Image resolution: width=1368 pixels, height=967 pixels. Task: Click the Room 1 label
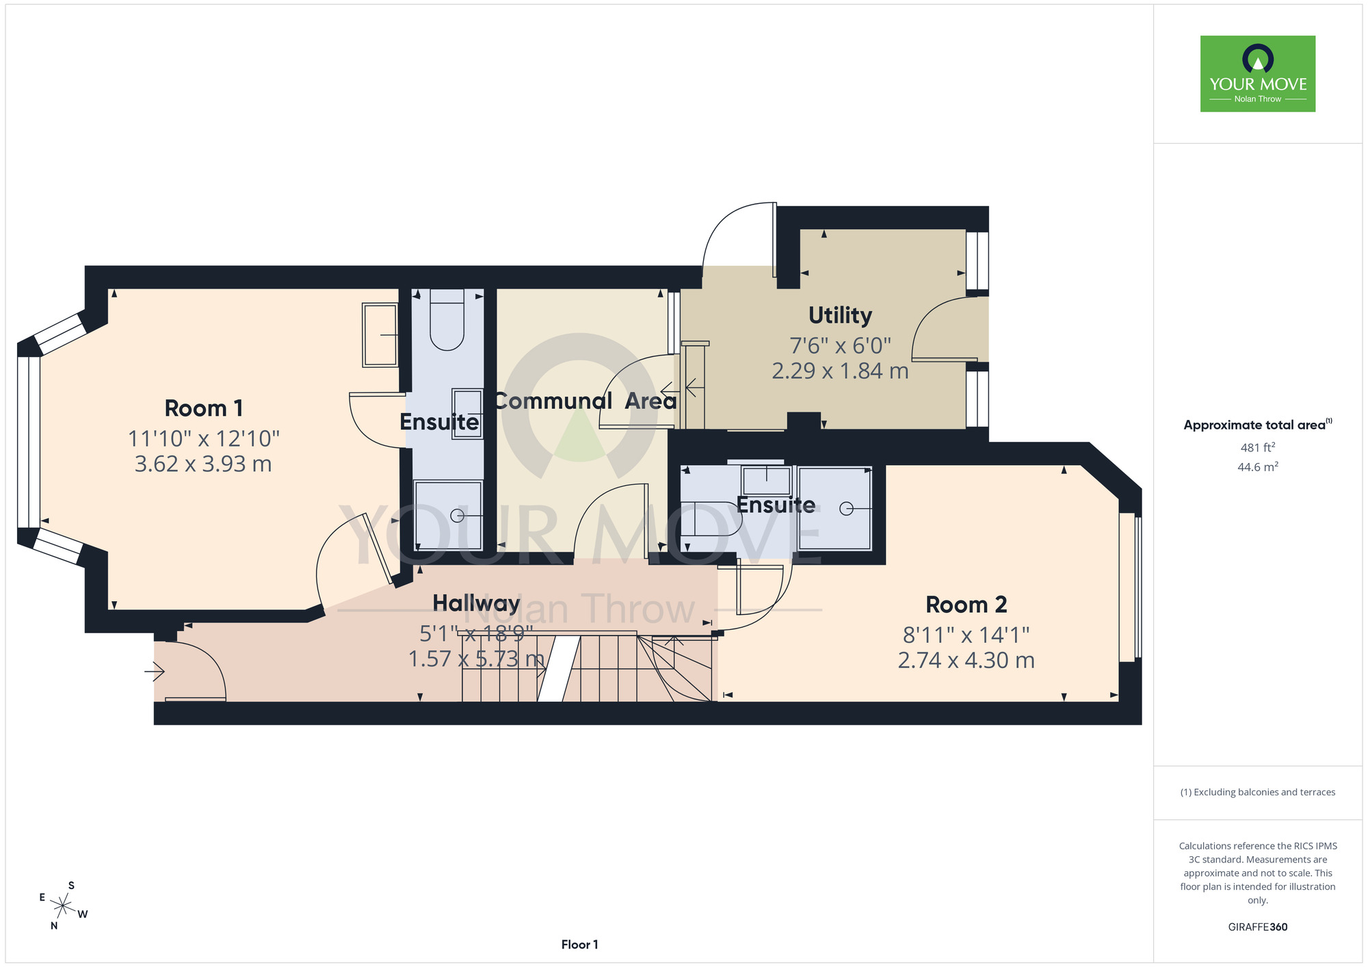click(x=204, y=408)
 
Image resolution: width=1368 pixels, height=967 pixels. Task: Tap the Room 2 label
click(x=966, y=605)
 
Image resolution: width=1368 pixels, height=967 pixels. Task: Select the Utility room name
click(x=840, y=315)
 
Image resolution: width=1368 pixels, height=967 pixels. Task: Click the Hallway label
click(x=476, y=603)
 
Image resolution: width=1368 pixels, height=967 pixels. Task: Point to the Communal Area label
click(x=586, y=401)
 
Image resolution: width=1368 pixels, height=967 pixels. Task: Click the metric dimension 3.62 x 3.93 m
click(x=203, y=464)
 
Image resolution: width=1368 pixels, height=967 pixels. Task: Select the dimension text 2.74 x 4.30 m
click(x=966, y=660)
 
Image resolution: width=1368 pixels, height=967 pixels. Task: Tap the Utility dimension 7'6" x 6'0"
click(x=840, y=345)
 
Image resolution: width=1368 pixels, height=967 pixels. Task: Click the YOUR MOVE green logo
click(x=1258, y=74)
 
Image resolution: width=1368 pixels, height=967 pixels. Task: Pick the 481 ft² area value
click(x=1258, y=447)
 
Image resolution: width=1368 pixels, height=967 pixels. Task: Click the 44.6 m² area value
click(x=1258, y=467)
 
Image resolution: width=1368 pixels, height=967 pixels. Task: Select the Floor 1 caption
click(x=579, y=944)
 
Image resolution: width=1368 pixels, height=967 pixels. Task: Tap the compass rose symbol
click(x=63, y=906)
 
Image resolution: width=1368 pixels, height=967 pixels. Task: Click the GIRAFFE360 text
click(x=1258, y=927)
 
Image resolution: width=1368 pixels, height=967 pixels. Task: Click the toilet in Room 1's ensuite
click(x=447, y=319)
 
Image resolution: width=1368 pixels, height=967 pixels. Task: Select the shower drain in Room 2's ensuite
click(x=847, y=509)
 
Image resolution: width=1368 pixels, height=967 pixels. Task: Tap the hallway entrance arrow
click(x=155, y=673)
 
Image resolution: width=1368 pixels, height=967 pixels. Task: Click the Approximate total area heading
click(x=1258, y=425)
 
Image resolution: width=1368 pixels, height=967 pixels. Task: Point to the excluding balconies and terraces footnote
click(x=1258, y=792)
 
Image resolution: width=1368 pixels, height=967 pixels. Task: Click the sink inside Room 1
click(x=380, y=335)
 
